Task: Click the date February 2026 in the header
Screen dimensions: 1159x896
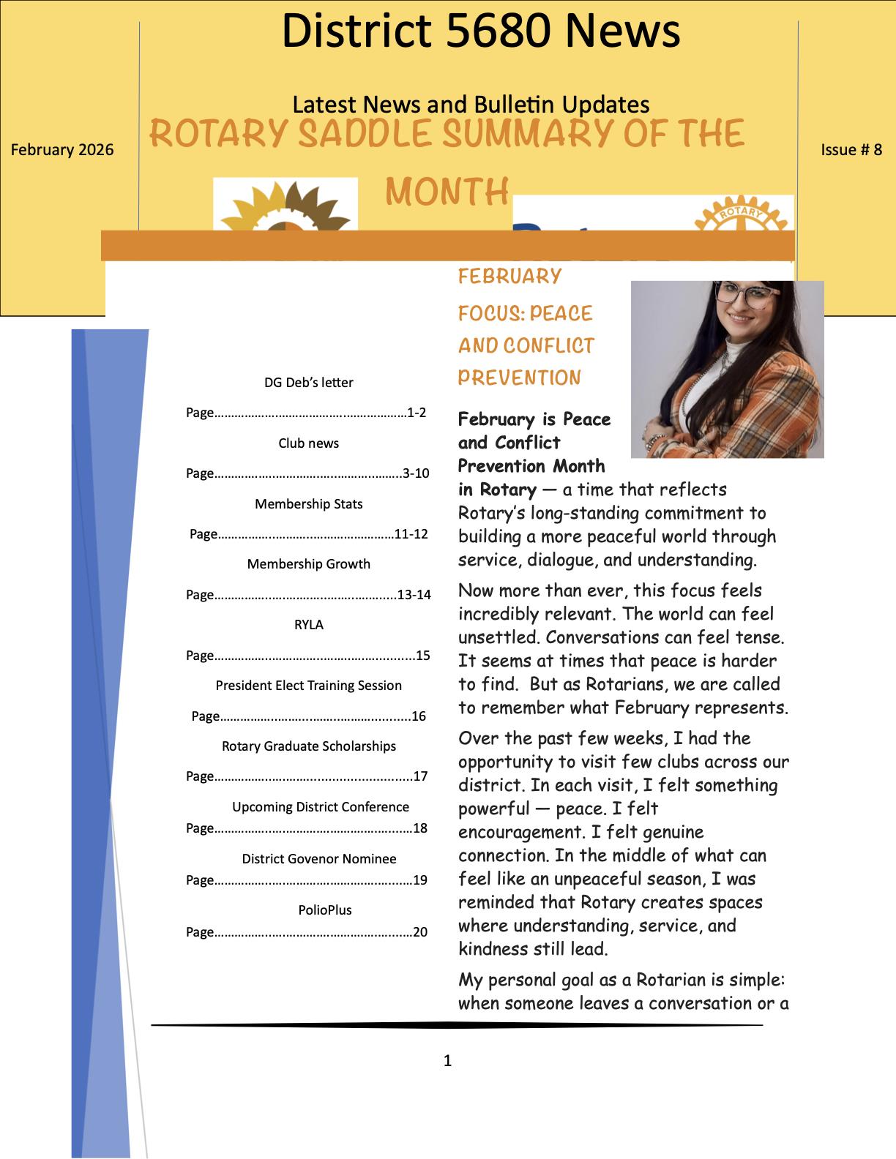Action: [62, 150]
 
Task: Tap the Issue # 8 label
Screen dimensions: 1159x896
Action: [851, 150]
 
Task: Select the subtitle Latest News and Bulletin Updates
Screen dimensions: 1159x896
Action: [471, 105]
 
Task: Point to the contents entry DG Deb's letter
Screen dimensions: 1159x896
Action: [308, 383]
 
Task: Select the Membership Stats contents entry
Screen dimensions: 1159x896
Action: [308, 504]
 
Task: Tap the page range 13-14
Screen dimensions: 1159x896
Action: [414, 595]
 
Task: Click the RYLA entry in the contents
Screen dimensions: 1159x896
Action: [308, 625]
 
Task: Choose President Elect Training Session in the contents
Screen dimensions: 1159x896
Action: [308, 686]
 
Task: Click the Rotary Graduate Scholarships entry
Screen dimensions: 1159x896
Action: [308, 746]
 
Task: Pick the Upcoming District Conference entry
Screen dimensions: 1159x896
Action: [320, 807]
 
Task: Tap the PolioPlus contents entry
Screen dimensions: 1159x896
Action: [324, 910]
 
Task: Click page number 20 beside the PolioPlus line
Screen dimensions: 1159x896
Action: [420, 932]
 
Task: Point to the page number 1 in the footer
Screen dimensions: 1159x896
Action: [447, 1061]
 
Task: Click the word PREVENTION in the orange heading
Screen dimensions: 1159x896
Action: [519, 378]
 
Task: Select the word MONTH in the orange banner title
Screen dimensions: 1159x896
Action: [447, 192]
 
